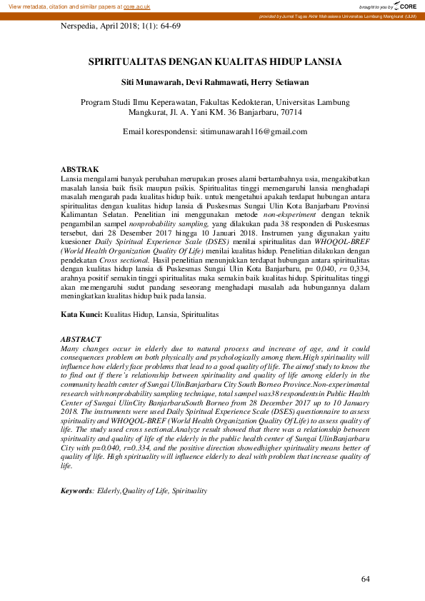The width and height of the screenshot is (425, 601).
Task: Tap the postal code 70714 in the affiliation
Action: coord(289,113)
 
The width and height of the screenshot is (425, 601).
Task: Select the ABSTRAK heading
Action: coord(80,168)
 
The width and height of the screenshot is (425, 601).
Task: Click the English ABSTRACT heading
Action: coord(81,339)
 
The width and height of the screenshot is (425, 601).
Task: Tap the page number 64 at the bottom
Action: coord(366,578)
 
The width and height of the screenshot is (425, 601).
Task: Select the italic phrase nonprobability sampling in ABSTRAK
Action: coord(151,223)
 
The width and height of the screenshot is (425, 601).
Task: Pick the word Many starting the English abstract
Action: coord(73,348)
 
